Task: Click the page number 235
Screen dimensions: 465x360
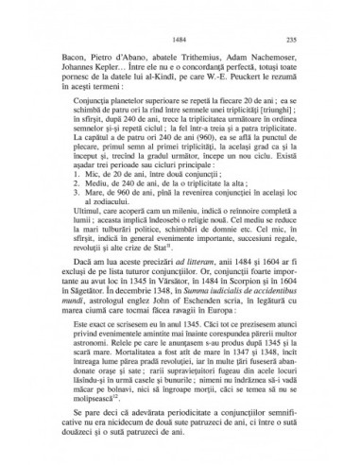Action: (x=291, y=39)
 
